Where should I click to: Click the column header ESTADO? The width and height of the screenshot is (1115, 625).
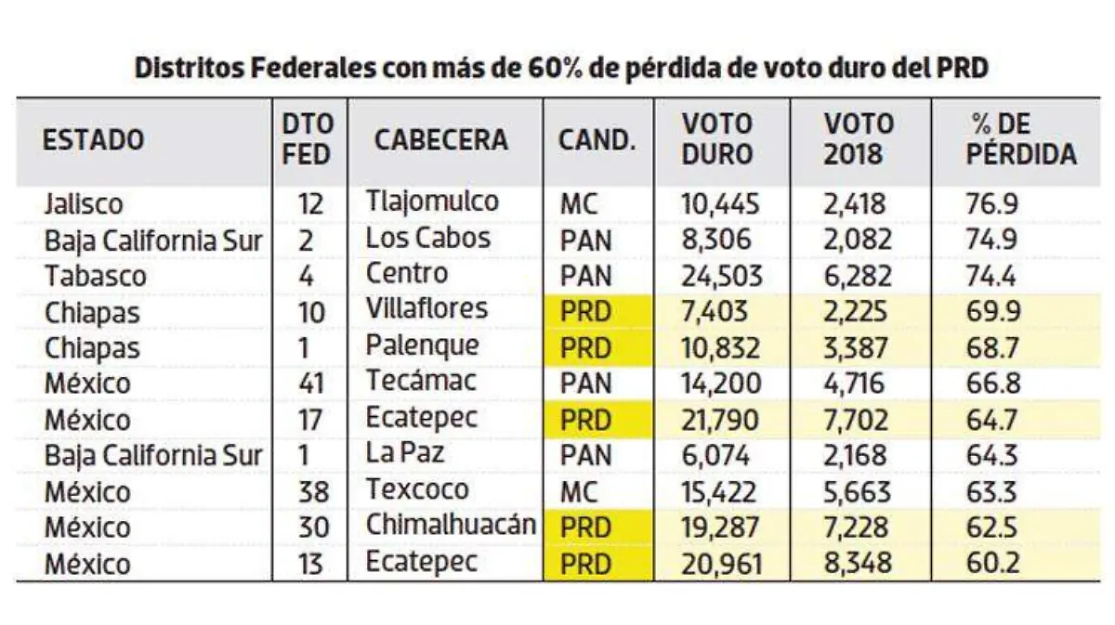point(94,140)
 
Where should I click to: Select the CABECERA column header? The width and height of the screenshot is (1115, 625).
point(440,140)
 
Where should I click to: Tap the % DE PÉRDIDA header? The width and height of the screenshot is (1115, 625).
point(1020,140)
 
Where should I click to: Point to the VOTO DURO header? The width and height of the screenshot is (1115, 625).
point(717,140)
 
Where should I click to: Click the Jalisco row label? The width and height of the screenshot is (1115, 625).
point(84,203)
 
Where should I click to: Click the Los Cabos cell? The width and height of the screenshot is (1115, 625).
point(427,238)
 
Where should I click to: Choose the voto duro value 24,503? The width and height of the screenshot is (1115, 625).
point(722,276)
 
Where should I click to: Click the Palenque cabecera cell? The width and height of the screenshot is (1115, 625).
point(423,345)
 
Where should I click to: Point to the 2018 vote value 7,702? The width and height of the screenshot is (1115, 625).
point(854,419)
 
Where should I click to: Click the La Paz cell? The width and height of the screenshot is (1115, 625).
point(405,454)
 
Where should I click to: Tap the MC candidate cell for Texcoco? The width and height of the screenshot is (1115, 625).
point(579,491)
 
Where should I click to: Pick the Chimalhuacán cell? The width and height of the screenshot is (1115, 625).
point(451,525)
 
